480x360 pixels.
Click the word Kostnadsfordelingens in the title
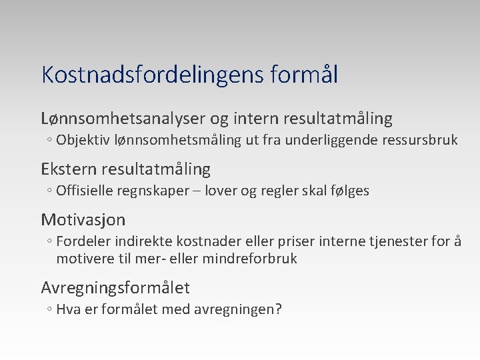pos(153,75)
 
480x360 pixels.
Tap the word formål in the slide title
pos(305,75)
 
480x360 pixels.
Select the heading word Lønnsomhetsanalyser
pos(123,119)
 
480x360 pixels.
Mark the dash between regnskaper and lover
pos(197,191)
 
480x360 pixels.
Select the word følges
pos(348,191)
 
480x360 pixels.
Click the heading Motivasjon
pos(83,219)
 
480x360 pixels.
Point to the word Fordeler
pos(83,241)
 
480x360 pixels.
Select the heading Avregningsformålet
pos(115,288)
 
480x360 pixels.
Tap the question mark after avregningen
pos(279,309)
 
